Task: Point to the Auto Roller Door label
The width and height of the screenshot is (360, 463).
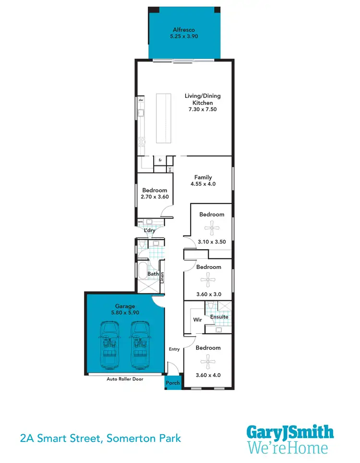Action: [124, 379]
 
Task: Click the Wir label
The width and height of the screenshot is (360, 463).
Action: [197, 319]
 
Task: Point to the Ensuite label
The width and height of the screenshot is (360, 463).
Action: [219, 317]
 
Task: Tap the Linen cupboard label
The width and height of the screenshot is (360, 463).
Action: [162, 278]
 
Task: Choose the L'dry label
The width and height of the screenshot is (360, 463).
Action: [150, 231]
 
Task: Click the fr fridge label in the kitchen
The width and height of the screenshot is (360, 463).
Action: [159, 159]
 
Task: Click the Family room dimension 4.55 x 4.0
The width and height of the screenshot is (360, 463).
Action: [203, 183]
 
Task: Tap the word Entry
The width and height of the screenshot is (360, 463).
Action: [174, 349]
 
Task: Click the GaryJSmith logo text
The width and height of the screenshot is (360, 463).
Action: [290, 431]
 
